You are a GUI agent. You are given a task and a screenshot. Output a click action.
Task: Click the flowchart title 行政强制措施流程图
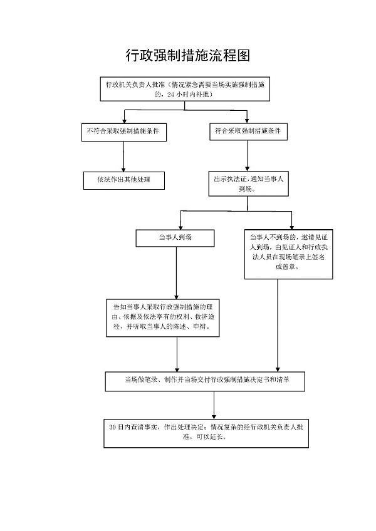tap(188, 56)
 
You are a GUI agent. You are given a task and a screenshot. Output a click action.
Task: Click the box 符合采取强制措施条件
tap(247, 131)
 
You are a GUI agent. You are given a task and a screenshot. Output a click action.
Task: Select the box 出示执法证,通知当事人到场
tap(249, 183)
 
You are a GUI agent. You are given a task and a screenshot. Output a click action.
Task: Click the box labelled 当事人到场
tap(175, 238)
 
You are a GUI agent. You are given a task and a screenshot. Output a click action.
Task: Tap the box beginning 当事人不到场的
tap(278, 252)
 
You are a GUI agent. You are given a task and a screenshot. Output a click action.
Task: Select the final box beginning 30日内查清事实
tap(206, 432)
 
